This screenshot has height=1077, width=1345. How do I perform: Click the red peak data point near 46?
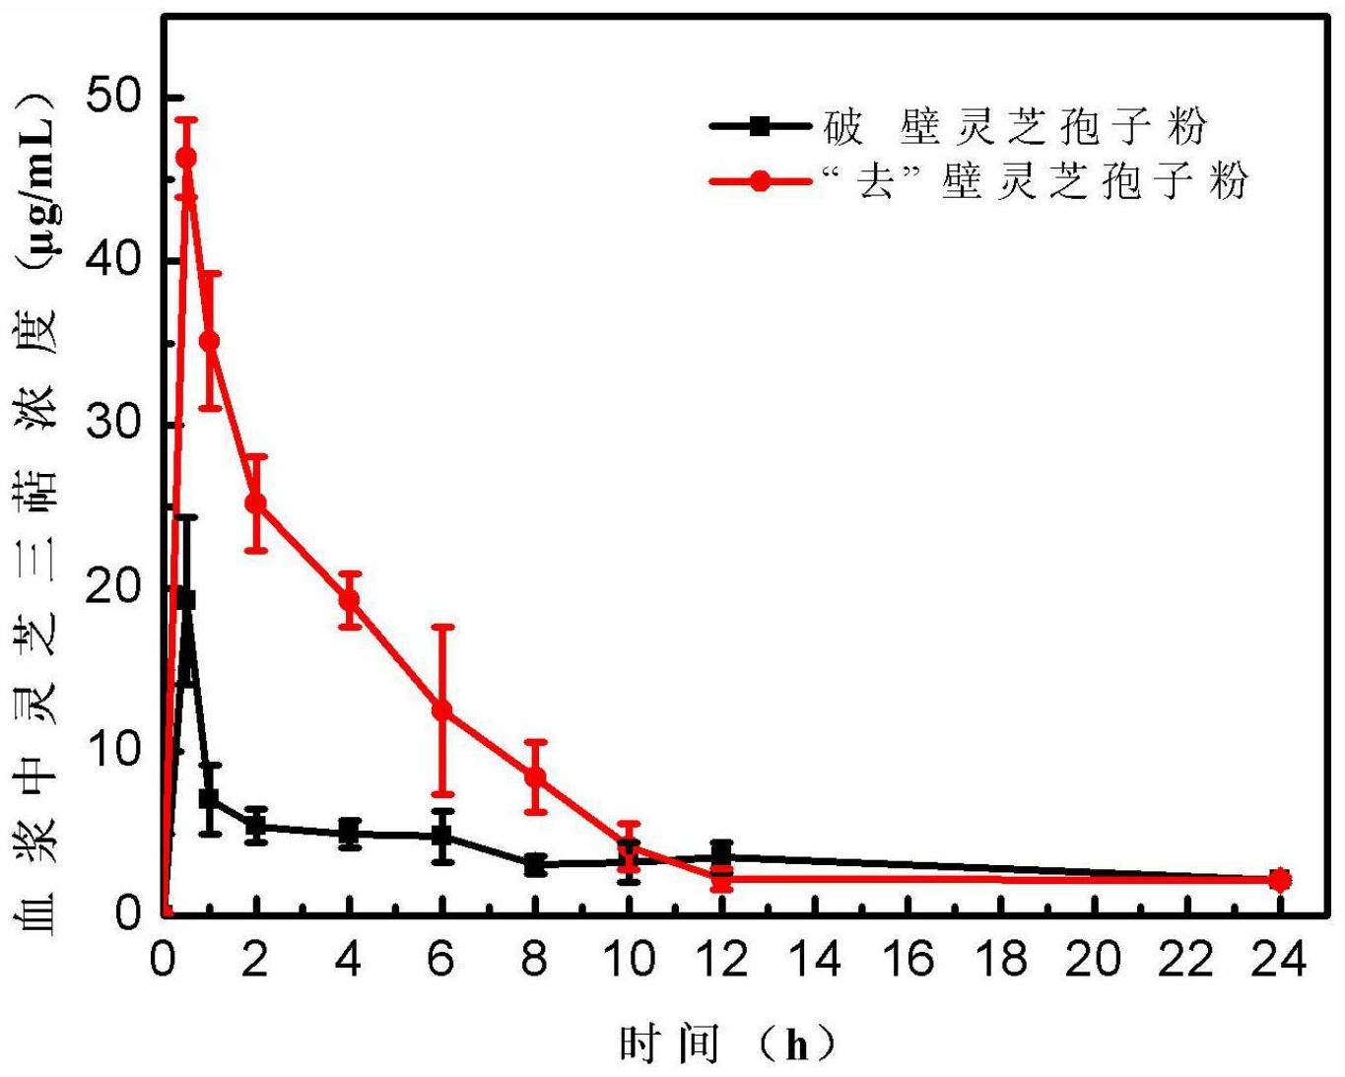click(x=185, y=158)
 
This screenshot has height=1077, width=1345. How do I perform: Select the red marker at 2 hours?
click(x=256, y=503)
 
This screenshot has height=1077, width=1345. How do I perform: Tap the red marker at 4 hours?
click(x=349, y=599)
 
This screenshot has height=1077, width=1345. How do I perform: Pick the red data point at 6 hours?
click(x=442, y=709)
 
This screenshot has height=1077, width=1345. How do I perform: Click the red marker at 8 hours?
click(x=535, y=776)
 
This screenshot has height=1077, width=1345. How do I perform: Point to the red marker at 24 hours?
click(x=1279, y=879)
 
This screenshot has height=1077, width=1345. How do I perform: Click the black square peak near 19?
click(x=186, y=600)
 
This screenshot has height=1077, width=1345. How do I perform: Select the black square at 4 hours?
click(x=349, y=833)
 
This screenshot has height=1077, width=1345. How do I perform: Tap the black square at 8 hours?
click(x=535, y=865)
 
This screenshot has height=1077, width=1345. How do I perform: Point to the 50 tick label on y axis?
click(x=113, y=97)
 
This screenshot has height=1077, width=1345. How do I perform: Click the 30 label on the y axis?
click(x=113, y=424)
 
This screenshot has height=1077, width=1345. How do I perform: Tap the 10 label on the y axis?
click(x=113, y=750)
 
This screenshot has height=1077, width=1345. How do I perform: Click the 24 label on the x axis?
click(x=1278, y=959)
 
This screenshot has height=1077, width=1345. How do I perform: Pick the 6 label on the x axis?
click(x=441, y=959)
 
